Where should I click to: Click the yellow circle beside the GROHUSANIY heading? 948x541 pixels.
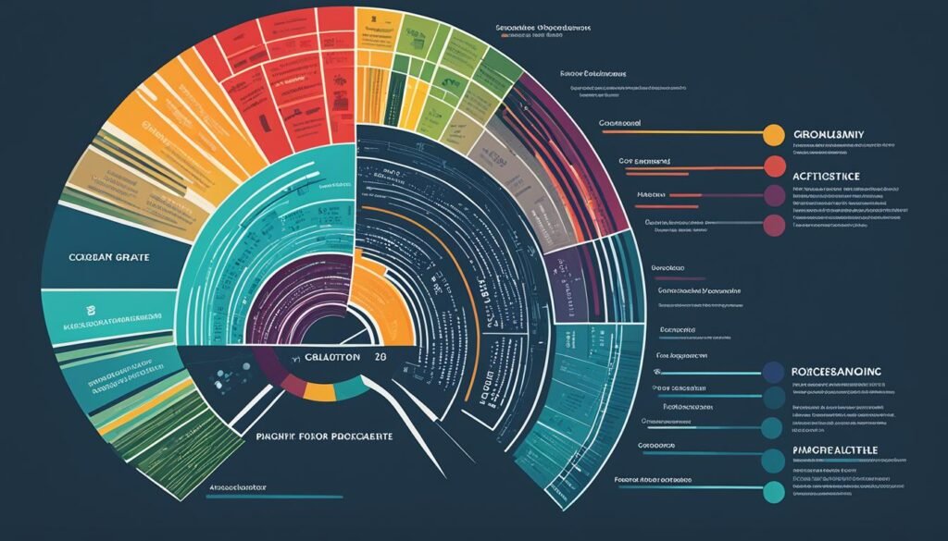point(771,136)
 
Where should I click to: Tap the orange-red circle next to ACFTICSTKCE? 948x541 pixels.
point(774,166)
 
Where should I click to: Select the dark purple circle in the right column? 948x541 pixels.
point(774,195)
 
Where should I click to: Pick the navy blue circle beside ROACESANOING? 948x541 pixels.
point(773,373)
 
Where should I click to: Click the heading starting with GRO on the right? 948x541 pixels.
point(829,136)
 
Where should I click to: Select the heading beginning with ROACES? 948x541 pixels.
point(837,371)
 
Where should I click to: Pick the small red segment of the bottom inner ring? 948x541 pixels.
point(292,383)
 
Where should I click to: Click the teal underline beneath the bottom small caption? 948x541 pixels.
point(250,497)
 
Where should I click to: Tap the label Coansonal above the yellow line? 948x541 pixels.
point(620,122)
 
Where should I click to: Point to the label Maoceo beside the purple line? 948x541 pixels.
point(653,195)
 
